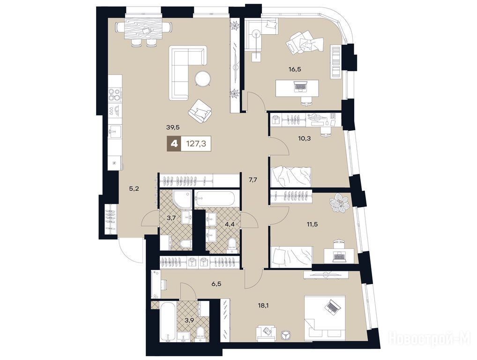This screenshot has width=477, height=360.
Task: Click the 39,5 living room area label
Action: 172,127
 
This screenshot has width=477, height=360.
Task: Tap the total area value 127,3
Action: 196,143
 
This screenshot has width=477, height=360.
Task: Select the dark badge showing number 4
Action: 174,143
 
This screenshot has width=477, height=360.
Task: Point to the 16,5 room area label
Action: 295,69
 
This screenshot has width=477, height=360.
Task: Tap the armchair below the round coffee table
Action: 200,111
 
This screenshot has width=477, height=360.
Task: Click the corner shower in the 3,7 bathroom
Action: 182,199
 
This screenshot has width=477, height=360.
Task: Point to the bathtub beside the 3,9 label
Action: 167,321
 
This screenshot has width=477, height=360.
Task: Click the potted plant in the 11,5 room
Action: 340,202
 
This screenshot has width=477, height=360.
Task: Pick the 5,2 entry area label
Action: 134,189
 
